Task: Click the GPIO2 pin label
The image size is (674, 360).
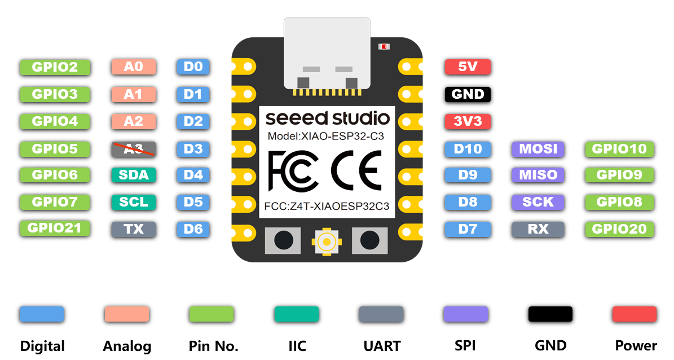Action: pyautogui.click(x=55, y=67)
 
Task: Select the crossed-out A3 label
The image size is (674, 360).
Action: pyautogui.click(x=133, y=149)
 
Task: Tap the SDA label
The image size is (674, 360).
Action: pyautogui.click(x=133, y=175)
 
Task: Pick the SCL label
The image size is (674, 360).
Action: pyautogui.click(x=133, y=201)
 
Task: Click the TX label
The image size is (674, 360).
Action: pyautogui.click(x=133, y=229)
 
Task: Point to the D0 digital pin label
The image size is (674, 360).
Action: pyautogui.click(x=193, y=67)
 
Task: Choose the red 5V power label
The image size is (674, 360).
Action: pyautogui.click(x=468, y=67)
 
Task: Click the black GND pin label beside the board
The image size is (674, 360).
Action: pyautogui.click(x=468, y=94)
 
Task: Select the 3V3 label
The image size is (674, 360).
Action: pyautogui.click(x=468, y=121)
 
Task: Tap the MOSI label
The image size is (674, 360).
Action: pyautogui.click(x=538, y=149)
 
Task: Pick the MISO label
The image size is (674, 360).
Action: pyautogui.click(x=538, y=175)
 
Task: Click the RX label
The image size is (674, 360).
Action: pyautogui.click(x=538, y=229)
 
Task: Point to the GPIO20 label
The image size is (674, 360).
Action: pyautogui.click(x=619, y=229)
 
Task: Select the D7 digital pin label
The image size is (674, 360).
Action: pyautogui.click(x=468, y=229)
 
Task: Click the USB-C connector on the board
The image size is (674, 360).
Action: pyautogui.click(x=327, y=54)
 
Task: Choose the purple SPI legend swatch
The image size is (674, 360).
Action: pyautogui.click(x=465, y=314)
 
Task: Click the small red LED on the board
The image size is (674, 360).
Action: pyautogui.click(x=384, y=46)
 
